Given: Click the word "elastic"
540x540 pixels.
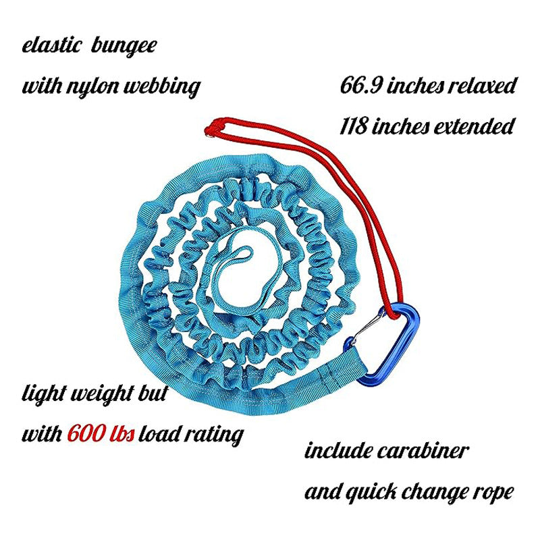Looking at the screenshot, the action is point(52,45).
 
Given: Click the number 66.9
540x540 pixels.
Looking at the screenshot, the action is point(361,85).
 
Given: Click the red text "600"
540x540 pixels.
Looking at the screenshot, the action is point(86,433).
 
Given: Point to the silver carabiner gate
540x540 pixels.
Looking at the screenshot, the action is point(369,325).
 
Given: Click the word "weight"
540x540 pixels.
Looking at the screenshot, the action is point(103,394).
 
